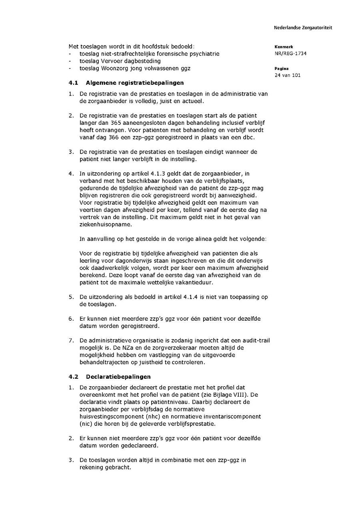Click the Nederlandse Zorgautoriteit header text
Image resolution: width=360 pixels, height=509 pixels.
[303, 28]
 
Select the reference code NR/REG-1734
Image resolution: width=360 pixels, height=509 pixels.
[290, 54]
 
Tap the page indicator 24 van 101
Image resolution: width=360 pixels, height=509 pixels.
[288, 75]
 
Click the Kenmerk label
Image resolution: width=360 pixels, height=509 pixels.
[284, 47]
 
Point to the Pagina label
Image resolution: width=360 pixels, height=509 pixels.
[282, 68]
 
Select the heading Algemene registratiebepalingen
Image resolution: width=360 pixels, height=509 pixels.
[135, 83]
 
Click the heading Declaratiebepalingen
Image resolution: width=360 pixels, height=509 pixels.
[118, 377]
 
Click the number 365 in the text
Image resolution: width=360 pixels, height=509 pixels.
[112, 123]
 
